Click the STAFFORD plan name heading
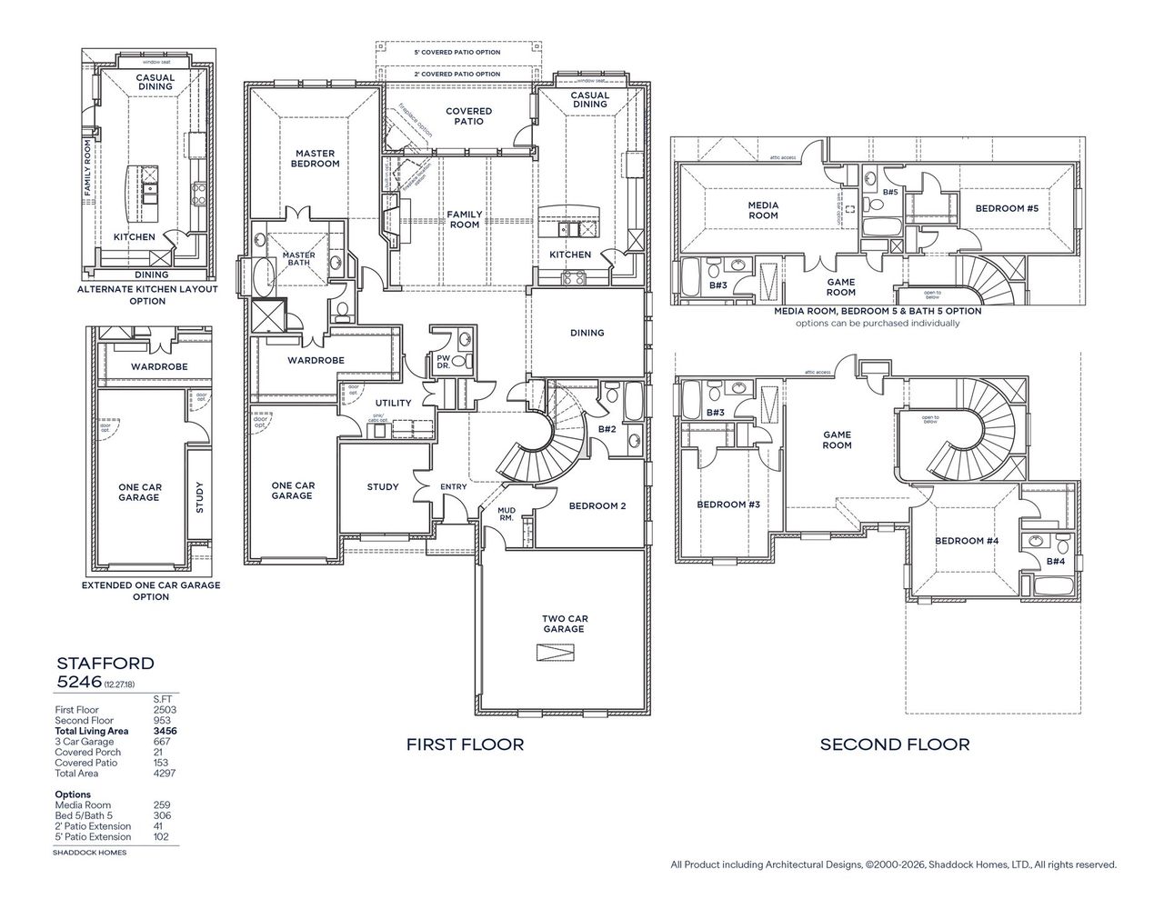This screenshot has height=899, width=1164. click(105, 664)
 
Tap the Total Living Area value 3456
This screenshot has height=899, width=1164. click(166, 731)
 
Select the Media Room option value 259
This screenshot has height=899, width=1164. click(163, 804)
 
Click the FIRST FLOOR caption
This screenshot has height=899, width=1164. click(465, 744)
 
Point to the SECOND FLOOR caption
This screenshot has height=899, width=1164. click(895, 744)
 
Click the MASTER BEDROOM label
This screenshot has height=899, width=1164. click(316, 158)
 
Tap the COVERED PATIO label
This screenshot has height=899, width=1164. click(468, 115)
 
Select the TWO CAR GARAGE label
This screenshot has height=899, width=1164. click(564, 623)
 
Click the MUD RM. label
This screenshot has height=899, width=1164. click(507, 514)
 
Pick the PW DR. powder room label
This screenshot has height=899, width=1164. click(443, 361)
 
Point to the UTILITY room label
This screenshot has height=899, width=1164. click(393, 403)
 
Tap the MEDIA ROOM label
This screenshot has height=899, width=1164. click(763, 210)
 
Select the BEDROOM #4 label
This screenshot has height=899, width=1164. click(967, 541)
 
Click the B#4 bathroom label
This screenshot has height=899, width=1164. click(1055, 562)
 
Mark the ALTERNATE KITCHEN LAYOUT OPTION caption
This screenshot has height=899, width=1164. click(147, 295)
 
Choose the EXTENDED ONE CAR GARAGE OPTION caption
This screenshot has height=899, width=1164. click(151, 591)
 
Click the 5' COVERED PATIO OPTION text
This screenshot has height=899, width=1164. click(457, 53)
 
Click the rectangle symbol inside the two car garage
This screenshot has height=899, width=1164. click(555, 654)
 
